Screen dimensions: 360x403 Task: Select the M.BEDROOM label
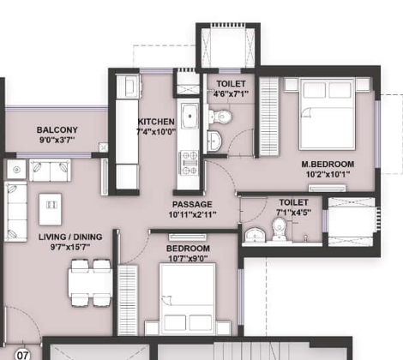tap(322, 164)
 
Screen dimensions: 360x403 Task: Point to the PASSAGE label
tap(193, 204)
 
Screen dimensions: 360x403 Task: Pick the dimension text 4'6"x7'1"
tap(231, 93)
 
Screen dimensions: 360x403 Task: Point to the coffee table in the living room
tap(50, 206)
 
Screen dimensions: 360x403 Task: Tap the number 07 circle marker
tap(22, 351)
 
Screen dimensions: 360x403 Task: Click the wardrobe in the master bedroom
tap(268, 116)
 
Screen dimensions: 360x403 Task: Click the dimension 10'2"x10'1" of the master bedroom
tap(322, 175)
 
